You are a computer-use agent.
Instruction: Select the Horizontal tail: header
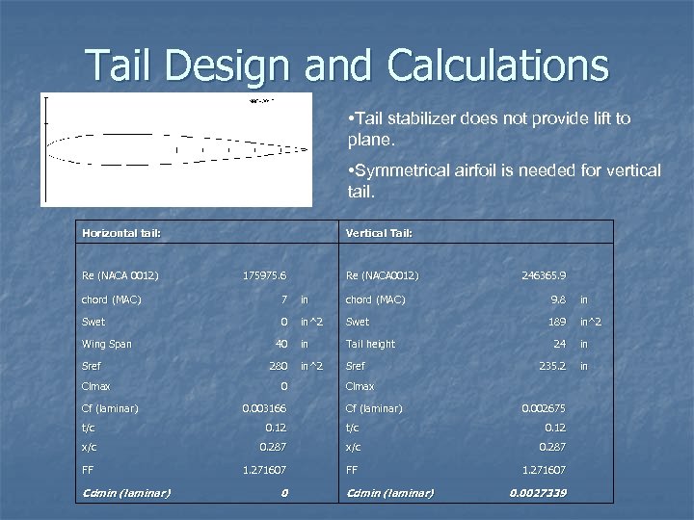coord(121,232)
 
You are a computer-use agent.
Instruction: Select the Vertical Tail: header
coord(380,232)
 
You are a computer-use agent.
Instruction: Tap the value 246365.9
coord(544,276)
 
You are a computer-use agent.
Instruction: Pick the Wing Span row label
coord(107,344)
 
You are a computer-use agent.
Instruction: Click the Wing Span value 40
coord(281,344)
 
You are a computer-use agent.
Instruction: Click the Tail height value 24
coord(558,344)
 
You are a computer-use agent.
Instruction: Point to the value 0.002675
coord(543,408)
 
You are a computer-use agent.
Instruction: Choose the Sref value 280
coord(279,366)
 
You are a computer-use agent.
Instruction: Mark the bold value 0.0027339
coord(538,493)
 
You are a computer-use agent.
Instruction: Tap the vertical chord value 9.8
coord(558,299)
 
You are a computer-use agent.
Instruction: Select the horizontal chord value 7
coord(284,299)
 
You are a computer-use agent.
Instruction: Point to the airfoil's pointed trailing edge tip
coord(307,148)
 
